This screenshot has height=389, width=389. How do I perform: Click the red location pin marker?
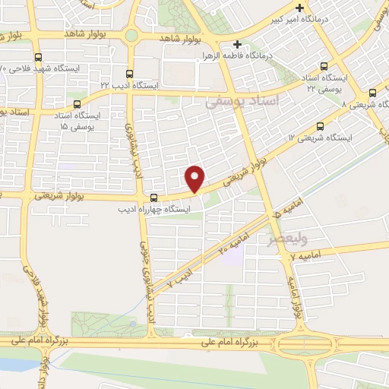coord(196,178)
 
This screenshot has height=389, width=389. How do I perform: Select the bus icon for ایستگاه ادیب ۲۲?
coord(129,74)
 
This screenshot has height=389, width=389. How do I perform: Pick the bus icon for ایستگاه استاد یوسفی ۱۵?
coord(76,105)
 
